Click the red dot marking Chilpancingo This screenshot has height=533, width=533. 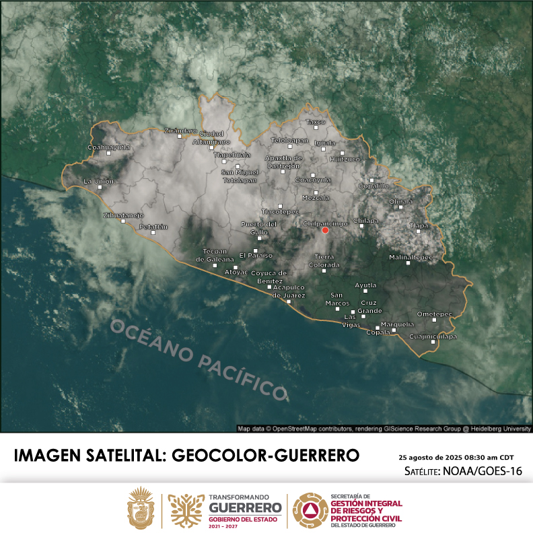pyautogui.click(x=325, y=230)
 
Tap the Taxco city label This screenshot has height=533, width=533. pyautogui.click(x=315, y=122)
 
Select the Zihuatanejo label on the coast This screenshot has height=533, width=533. pyautogui.click(x=123, y=215)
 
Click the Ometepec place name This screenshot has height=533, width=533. pyautogui.click(x=434, y=314)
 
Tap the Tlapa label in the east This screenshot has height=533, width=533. pyautogui.click(x=419, y=225)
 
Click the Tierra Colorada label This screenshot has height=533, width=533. pyautogui.click(x=324, y=260)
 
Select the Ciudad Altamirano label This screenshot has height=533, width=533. pyautogui.click(x=211, y=137)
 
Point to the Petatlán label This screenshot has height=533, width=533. pyautogui.click(x=153, y=227)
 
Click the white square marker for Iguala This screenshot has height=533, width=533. pyautogui.click(x=324, y=149)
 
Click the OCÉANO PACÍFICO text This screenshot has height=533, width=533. pyautogui.click(x=199, y=359)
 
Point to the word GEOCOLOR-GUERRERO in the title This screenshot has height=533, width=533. pyautogui.click(x=266, y=455)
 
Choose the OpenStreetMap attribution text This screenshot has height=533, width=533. pyautogui.click(x=384, y=428)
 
